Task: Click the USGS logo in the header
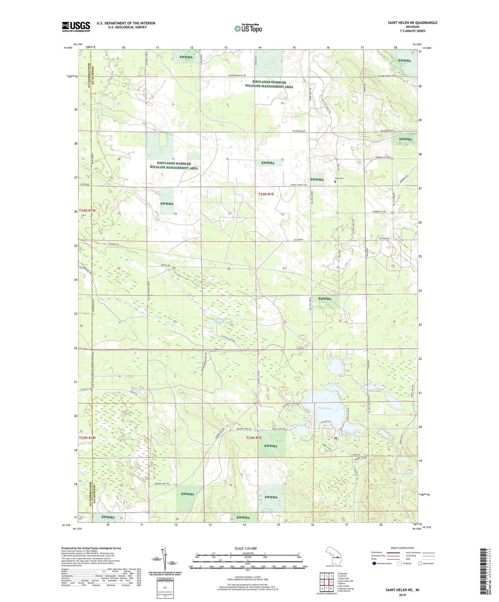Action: coord(76,27)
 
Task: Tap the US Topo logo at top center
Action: coord(248,28)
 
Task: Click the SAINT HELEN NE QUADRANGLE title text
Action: coord(412,23)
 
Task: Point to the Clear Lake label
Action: coord(324,408)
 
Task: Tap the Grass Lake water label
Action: coord(299,425)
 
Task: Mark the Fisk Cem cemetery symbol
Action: coord(335,181)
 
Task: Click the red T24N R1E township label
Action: coord(266,194)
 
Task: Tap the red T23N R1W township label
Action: coord(87,438)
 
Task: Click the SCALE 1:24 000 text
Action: coord(246,549)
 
